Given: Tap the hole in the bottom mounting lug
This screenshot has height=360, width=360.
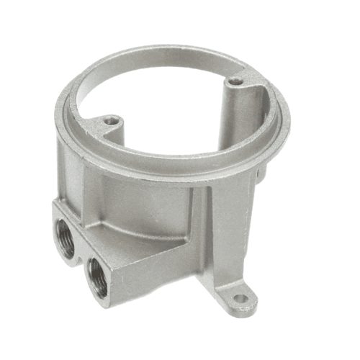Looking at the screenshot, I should click(x=240, y=297).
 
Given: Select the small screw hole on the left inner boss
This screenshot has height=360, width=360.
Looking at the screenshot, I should click(x=110, y=121).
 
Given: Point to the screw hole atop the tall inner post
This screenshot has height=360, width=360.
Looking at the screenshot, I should click(x=235, y=84).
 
